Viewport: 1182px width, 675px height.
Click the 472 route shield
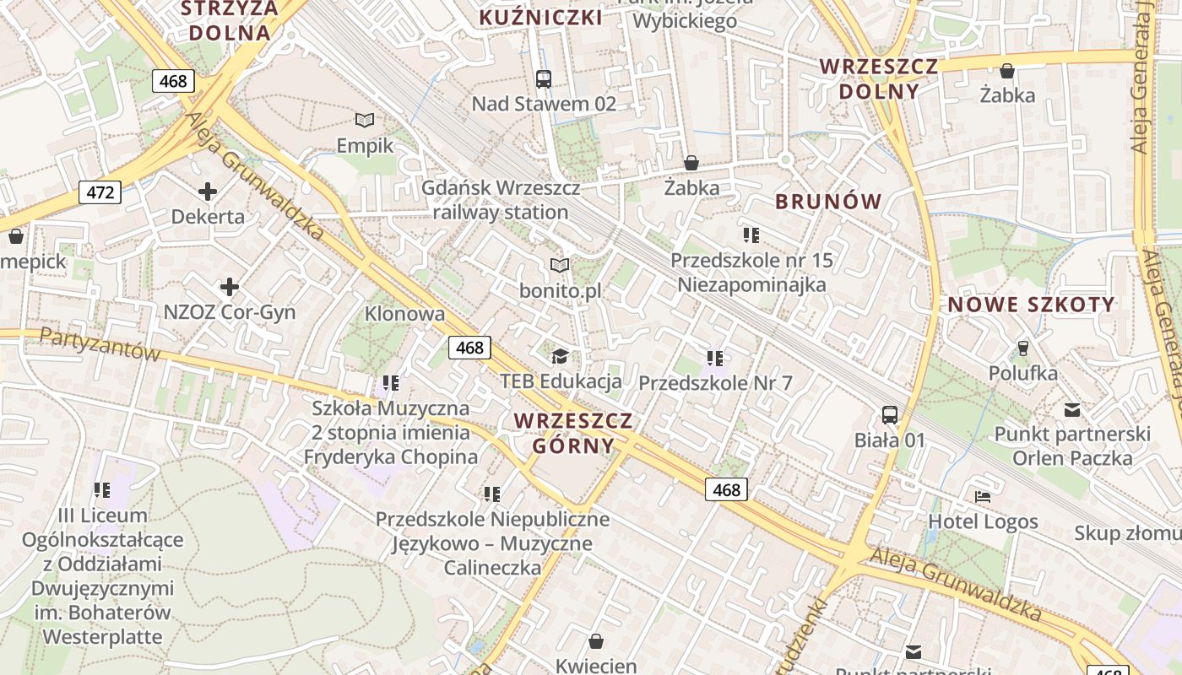pos(100,192)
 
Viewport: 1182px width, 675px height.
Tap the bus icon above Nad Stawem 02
pos(544,79)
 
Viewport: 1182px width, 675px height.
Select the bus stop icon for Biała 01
pos(890,414)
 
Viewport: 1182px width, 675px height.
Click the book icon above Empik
pos(365,121)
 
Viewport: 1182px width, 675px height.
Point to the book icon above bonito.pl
pos(560,266)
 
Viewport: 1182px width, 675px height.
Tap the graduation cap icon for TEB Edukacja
pos(560,356)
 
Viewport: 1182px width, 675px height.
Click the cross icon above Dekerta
pos(208,192)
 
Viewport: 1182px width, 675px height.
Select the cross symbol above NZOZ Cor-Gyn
pos(230,287)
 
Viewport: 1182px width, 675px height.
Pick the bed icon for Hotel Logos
pos(983,496)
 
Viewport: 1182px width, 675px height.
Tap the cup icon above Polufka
pos(1023,348)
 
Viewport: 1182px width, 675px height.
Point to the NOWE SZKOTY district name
pos(1032,305)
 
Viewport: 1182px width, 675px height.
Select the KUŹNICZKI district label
pos(541,18)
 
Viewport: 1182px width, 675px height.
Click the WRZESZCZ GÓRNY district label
pos(573,433)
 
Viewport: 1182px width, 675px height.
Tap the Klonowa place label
pos(404,314)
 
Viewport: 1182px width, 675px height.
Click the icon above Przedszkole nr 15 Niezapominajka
pos(751,235)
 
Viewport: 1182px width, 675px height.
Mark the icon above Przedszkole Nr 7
pos(715,359)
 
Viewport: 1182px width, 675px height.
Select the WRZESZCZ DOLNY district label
pos(879,78)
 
